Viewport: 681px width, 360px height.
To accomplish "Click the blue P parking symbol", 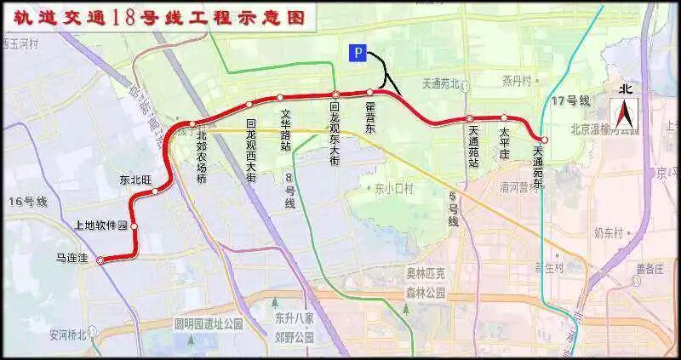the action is (358, 54).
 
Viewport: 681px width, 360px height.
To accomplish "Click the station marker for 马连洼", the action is (100, 261).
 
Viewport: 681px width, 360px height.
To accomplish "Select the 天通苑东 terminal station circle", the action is (544, 139).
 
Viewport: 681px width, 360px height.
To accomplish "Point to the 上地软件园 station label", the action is (100, 226).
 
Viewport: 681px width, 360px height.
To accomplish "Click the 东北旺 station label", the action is (135, 180).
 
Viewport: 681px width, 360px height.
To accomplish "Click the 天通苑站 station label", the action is (472, 145).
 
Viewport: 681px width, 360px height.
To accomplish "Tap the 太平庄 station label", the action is (504, 140).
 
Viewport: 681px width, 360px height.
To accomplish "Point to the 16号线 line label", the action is (30, 202).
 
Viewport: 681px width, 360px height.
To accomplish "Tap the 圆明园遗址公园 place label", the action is (209, 324).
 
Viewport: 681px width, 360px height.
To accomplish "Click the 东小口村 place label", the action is (392, 189).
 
